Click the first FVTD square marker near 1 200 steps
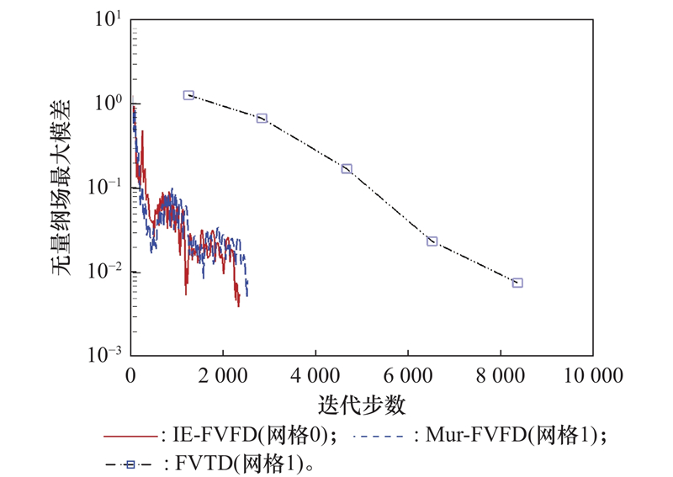188,96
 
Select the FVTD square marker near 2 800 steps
262,119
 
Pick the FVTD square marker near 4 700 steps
347,169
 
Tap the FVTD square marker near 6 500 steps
432,241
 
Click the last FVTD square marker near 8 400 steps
517,283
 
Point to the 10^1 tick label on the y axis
109,19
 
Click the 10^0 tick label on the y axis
109,103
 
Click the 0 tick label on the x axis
131,374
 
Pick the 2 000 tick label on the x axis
223,374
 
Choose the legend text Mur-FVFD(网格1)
516,436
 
